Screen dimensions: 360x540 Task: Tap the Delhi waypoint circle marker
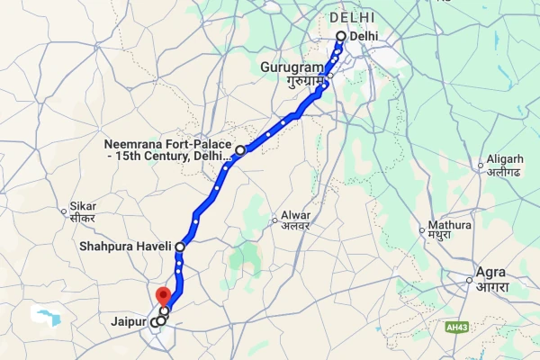coord(341,36)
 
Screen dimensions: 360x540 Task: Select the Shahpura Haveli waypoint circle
coord(180,246)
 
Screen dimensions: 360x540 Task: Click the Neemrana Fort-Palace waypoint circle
coord(240,150)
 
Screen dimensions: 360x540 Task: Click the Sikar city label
coord(83,206)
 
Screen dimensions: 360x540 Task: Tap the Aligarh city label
coord(504,159)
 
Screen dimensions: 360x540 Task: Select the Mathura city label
coord(450,224)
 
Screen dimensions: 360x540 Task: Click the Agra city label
coord(490,272)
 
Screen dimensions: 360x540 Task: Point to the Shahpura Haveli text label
coord(127,246)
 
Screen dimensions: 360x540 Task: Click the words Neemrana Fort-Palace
coord(167,144)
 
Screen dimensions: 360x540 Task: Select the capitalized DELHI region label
coord(352,17)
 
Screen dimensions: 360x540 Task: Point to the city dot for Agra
coord(470,280)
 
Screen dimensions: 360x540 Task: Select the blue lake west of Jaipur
coord(45,316)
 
